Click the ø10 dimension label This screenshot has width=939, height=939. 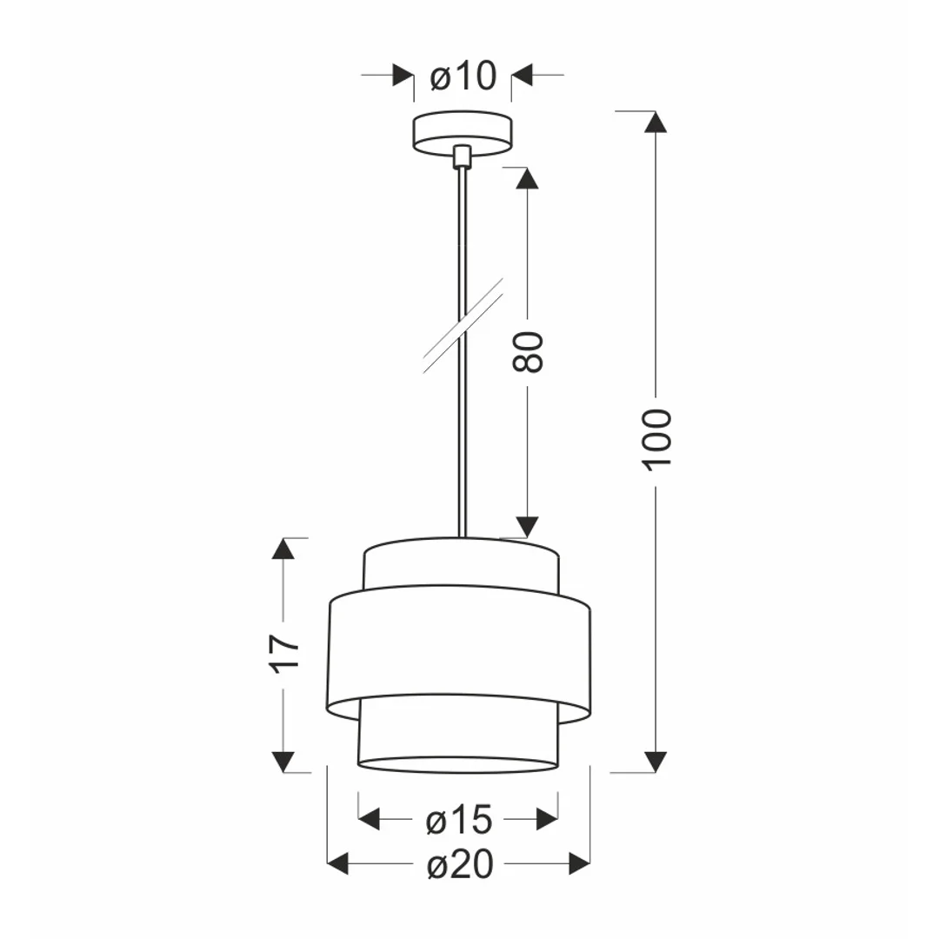(463, 76)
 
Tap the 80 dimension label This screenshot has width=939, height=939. (528, 352)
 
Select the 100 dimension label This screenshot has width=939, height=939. (657, 440)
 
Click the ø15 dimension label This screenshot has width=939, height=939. (459, 820)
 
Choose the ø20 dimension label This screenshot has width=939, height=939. (461, 865)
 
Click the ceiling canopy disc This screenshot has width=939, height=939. (463, 133)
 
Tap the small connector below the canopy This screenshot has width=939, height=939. (462, 156)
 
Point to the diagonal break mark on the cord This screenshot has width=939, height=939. (463, 325)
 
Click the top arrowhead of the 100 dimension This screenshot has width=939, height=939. (656, 122)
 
